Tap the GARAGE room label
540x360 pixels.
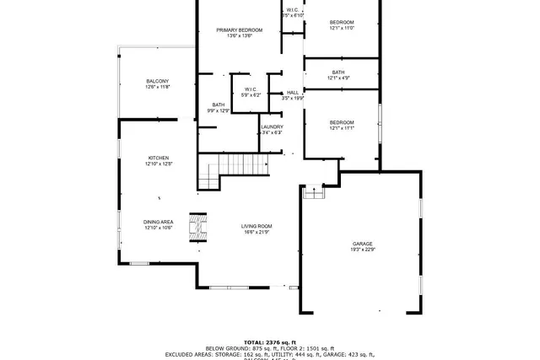363,244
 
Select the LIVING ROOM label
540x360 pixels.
256,226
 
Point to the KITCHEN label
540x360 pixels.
159,159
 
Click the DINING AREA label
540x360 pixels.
158,222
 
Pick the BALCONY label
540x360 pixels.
158,81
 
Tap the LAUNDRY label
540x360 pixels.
272,126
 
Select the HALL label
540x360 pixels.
293,93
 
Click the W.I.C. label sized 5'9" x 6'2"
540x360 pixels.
251,89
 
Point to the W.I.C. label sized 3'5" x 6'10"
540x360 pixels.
292,10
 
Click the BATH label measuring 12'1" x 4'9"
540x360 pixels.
338,73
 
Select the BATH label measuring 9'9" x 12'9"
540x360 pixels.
219,105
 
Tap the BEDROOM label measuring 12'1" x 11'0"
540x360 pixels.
342,22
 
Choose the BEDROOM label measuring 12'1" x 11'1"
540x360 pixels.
342,122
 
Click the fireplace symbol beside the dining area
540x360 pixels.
197,227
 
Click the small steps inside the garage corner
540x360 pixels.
313,192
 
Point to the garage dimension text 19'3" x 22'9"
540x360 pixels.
363,250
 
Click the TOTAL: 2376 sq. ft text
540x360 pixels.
269,342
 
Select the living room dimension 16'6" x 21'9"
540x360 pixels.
256,232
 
